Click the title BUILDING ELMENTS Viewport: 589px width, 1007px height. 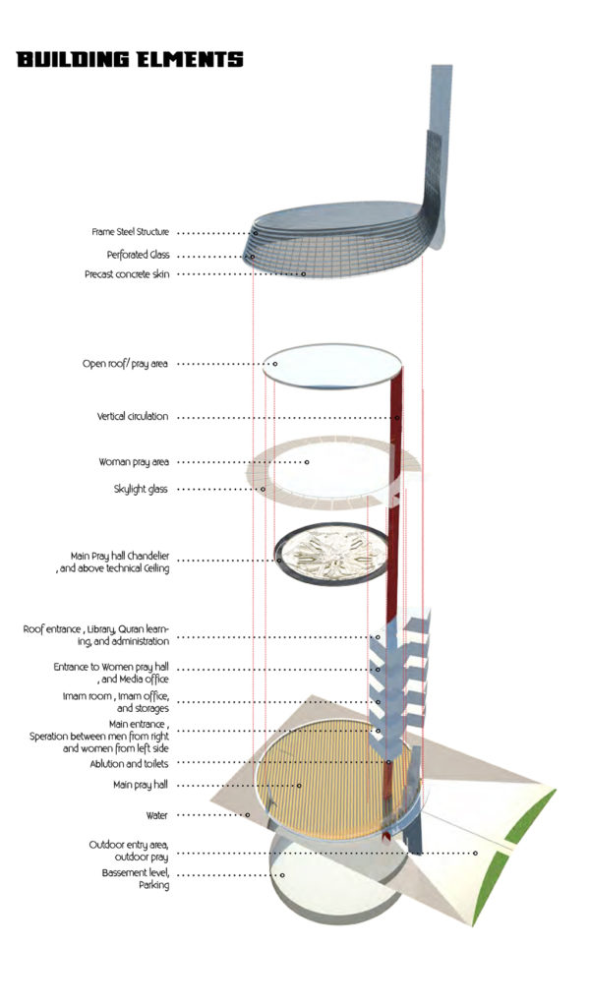coord(130,60)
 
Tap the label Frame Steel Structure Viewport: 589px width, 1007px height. coord(131,232)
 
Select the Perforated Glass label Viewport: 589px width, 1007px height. coord(138,255)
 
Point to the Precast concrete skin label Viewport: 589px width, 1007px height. coord(127,274)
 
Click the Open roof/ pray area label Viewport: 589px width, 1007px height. coord(125,364)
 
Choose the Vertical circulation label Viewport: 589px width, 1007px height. coord(133,416)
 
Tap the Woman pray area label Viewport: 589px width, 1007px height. coord(134,462)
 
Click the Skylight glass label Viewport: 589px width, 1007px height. coord(140,490)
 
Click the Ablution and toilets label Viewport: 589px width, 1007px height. coord(129,764)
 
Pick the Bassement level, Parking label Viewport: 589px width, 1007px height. coord(136,879)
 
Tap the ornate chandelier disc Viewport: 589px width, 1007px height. coord(331,554)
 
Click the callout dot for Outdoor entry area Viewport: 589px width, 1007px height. coord(475,853)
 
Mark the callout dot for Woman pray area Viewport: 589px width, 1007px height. coord(307,462)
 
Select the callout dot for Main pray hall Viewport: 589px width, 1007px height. coord(299,785)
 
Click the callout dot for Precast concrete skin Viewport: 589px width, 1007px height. coord(304,274)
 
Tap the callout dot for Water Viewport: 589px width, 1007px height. coord(247,815)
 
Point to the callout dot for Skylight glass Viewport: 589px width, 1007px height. coord(263,490)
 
